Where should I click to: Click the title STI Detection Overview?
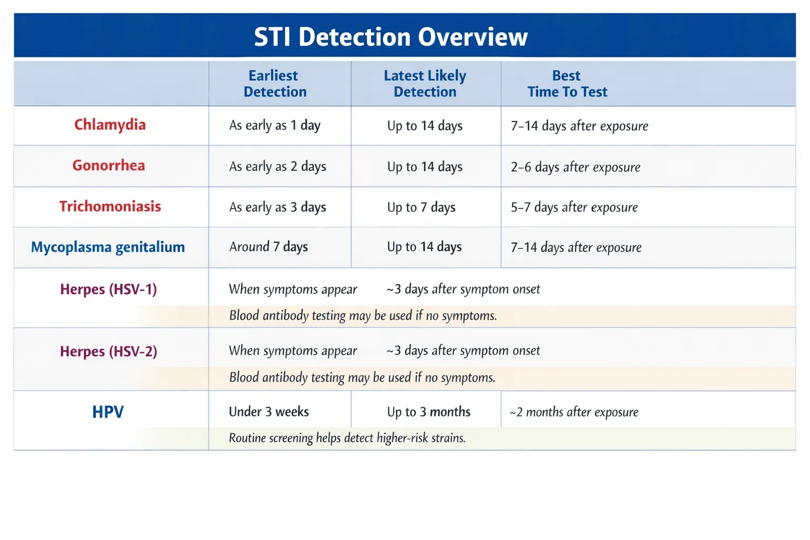391,37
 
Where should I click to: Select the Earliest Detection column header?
274,84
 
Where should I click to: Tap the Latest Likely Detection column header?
425,84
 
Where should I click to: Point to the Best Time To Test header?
567,84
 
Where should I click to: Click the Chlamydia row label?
110,125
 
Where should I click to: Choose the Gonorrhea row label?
109,166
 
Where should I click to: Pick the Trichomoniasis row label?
110,206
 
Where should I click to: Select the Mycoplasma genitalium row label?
108,247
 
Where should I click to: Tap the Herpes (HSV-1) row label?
109,289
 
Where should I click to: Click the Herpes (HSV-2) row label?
109,351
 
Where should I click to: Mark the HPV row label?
108,412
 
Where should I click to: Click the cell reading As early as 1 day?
275,126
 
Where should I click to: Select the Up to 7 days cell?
421,207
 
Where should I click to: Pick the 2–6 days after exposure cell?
575,167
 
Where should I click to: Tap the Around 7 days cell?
268,247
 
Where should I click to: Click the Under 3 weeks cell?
269,412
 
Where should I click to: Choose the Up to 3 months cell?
429,412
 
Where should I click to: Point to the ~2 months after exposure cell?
574,412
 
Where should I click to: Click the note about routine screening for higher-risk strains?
347,438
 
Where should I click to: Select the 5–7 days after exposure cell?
574,207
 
